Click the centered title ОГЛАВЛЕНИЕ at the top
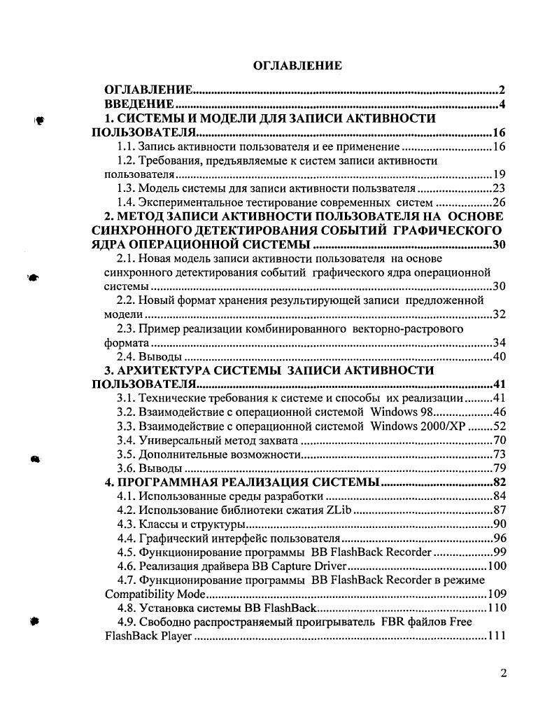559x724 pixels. pos(297,66)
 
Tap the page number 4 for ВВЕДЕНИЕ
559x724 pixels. pos(502,105)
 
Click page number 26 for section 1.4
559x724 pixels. pos(498,202)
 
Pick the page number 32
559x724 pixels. pos(498,314)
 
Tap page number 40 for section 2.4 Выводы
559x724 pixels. pos(498,356)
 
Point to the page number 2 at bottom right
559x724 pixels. pos(503,674)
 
